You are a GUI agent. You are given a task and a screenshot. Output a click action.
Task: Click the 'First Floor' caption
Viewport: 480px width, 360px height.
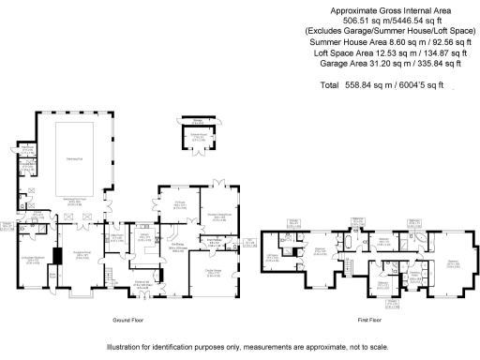point(368,320)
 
